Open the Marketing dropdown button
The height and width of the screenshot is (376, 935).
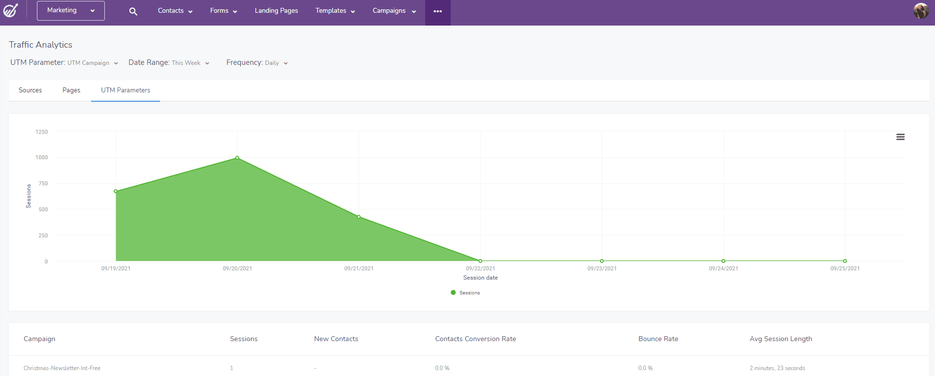[70, 11]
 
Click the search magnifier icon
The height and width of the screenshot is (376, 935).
[133, 11]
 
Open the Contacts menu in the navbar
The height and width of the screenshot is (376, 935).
[175, 11]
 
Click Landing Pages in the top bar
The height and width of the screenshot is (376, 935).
[276, 11]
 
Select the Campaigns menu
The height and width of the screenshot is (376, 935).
[394, 11]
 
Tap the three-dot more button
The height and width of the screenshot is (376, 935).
[437, 11]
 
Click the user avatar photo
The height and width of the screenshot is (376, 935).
[921, 11]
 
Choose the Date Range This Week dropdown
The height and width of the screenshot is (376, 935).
[169, 63]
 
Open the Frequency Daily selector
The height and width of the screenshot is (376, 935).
[257, 63]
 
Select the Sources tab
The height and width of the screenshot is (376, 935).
[30, 90]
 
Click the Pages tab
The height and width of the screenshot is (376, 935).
[71, 90]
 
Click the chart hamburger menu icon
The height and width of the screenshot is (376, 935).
[900, 137]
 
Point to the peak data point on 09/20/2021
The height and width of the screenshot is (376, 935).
[237, 158]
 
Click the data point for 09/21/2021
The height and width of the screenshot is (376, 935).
[359, 217]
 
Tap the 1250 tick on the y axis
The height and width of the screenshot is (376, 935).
[42, 132]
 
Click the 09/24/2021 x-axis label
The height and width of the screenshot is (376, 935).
[723, 268]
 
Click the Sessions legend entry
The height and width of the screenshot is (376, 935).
[465, 292]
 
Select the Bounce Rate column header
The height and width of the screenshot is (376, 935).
[658, 339]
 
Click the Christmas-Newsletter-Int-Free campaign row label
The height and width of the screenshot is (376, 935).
[62, 368]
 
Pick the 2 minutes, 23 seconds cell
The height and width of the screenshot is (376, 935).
[777, 368]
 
